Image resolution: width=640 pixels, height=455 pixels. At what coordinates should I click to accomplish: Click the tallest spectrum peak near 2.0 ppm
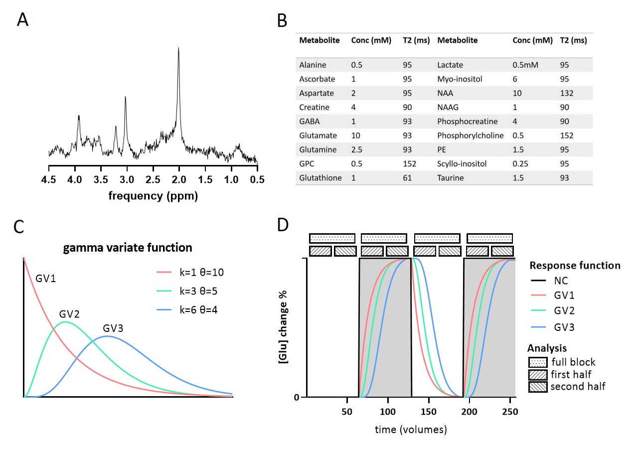[178, 49]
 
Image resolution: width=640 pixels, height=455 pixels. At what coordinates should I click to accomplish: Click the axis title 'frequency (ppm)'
[153, 196]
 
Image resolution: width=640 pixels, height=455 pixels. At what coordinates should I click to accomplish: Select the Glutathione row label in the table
[320, 177]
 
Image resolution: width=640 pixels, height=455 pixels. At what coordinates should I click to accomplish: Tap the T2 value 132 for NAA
[567, 93]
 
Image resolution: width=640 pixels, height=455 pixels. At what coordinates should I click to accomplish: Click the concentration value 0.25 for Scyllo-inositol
[522, 163]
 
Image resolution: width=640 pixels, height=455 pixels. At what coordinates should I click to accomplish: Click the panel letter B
[282, 21]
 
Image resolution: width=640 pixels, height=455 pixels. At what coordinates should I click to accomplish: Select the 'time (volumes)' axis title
[411, 429]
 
